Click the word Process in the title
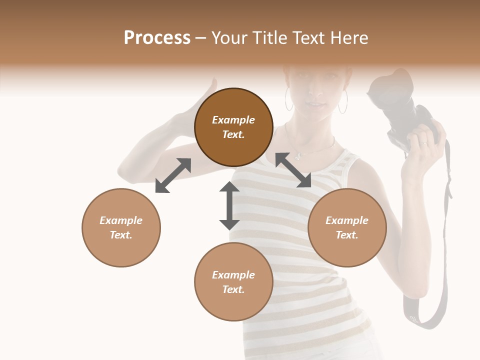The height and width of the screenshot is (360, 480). pos(157,38)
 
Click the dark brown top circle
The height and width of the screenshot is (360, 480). pos(233,127)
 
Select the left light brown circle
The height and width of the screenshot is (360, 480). pos(121,227)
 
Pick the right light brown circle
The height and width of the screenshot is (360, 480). pos(347,227)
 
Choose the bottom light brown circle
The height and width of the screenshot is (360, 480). pos(233,282)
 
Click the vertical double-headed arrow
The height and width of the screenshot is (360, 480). pos(229,205)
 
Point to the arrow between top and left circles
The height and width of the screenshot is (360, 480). pos(173,175)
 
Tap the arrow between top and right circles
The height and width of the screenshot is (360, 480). pos(293,170)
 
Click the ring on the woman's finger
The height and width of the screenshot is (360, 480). pos(424,144)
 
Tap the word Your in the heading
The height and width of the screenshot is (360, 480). pos(228,38)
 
